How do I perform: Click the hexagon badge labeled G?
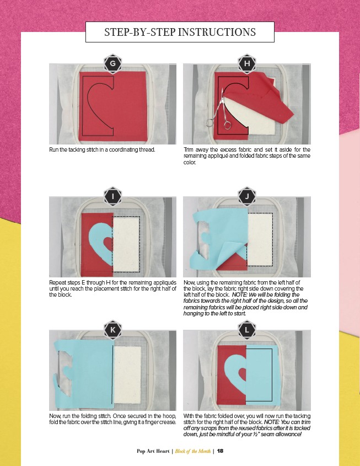pyautogui.click(x=112, y=63)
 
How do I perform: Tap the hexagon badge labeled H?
pyautogui.click(x=247, y=63)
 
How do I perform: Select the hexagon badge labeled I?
pyautogui.click(x=112, y=196)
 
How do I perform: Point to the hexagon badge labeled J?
pyautogui.click(x=247, y=196)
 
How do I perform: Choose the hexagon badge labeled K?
pyautogui.click(x=112, y=330)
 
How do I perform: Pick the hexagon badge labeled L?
pyautogui.click(x=247, y=330)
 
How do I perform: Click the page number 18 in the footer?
pyautogui.click(x=220, y=451)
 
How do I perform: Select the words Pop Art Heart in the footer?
pyautogui.click(x=153, y=451)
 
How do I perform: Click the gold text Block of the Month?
pyautogui.click(x=193, y=451)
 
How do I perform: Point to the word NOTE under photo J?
pyautogui.click(x=239, y=295)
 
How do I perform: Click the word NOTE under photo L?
pyautogui.click(x=271, y=422)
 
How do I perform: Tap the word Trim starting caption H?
pyautogui.click(x=189, y=149)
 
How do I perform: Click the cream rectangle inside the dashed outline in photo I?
pyautogui.click(x=127, y=244)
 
